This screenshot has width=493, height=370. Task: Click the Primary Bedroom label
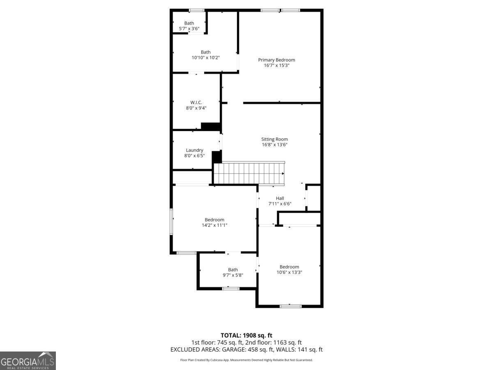(276, 60)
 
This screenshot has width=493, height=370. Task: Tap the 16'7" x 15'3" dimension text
(276, 65)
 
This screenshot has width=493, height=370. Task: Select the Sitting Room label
(274, 139)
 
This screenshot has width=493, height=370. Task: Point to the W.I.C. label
(196, 102)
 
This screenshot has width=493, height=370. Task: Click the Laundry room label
(194, 150)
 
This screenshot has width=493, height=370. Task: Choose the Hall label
(280, 198)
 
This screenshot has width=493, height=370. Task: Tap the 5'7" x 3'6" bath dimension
(189, 28)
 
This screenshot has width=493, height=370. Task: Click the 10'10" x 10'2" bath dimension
(205, 58)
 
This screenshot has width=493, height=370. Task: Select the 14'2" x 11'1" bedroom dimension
(214, 225)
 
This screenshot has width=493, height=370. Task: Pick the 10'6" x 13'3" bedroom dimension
(289, 272)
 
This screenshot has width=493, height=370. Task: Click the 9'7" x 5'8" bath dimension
(233, 275)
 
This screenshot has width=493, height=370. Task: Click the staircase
(249, 173)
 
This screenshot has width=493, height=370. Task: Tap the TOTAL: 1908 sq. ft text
(246, 335)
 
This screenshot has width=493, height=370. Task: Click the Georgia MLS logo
(28, 361)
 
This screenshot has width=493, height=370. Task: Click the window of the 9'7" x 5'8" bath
(230, 289)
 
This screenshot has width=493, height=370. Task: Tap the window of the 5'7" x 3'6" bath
(196, 10)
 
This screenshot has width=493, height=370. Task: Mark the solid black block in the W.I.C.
(211, 127)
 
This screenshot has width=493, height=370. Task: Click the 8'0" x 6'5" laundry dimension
(194, 155)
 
